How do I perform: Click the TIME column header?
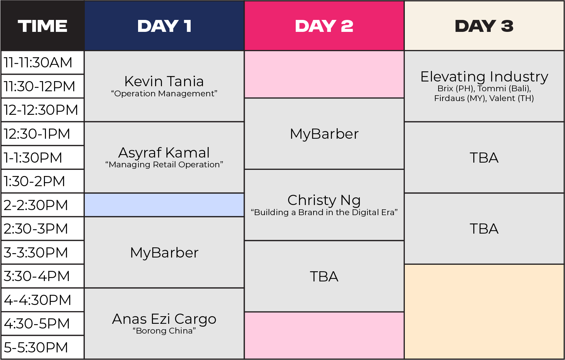[x=42, y=26]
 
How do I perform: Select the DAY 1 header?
[x=164, y=26]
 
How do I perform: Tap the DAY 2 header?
[x=324, y=26]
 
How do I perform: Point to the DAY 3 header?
[x=484, y=26]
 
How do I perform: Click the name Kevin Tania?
[x=164, y=81]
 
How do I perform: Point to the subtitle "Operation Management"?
[x=164, y=93]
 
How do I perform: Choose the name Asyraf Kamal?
[x=164, y=152]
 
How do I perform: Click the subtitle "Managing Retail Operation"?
[x=164, y=165]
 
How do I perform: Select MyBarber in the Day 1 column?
[x=164, y=252]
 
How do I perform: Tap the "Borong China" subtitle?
[x=164, y=331]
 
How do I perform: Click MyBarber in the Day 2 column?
[x=324, y=134]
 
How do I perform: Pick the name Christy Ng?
[x=324, y=200]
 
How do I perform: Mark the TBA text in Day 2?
[x=324, y=277]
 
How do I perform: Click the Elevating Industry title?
[x=484, y=77]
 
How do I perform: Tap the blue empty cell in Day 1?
[x=164, y=205]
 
